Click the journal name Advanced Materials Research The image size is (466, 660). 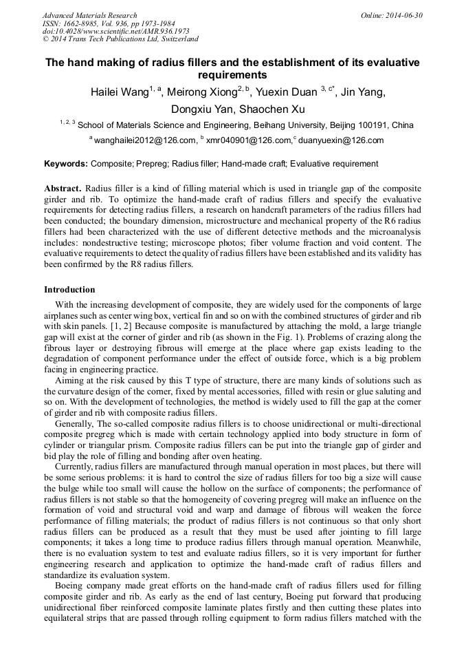point(89,15)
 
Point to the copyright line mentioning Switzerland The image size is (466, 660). point(120,39)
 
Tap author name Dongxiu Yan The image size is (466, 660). point(201,109)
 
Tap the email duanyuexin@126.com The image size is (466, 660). point(340,140)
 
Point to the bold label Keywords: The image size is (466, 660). point(66,164)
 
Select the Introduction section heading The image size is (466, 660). point(69,290)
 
